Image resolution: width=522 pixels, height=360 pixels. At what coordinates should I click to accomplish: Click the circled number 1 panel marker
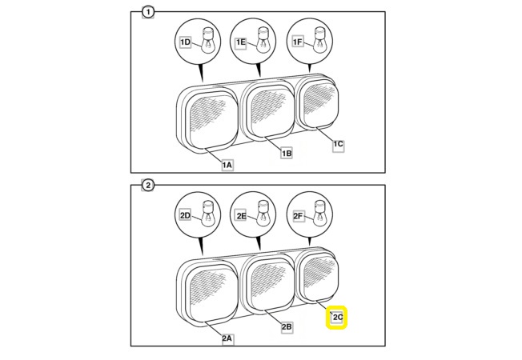point(148,13)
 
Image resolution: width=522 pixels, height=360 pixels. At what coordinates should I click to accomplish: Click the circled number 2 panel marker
point(148,185)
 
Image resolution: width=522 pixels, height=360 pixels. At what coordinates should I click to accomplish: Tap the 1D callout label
point(185,42)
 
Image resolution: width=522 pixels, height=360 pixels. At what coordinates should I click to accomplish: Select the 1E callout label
point(241,42)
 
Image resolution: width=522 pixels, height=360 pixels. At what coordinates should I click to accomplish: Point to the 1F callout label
point(298,42)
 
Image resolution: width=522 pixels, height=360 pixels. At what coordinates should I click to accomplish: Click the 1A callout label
point(227,165)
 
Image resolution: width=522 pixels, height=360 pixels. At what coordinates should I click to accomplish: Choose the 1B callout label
point(287,153)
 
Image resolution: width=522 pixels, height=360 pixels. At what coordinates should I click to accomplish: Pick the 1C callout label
point(338,144)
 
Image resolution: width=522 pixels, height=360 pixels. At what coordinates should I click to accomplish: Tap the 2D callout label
point(185,215)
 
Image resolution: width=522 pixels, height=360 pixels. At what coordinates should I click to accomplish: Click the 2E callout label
point(241,216)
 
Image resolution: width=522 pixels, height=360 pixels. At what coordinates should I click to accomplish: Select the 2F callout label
point(298,216)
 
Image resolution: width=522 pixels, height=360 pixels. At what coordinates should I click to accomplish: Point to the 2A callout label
point(227,338)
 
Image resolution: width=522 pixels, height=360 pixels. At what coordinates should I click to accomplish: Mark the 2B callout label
point(287,327)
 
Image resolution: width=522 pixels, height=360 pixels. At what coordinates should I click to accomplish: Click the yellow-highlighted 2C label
point(336,318)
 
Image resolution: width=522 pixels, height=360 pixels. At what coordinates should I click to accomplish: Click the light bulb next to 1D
point(208,40)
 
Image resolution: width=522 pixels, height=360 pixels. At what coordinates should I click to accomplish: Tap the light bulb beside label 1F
point(320,40)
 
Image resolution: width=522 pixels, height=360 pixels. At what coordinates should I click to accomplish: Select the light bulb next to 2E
point(264,214)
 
